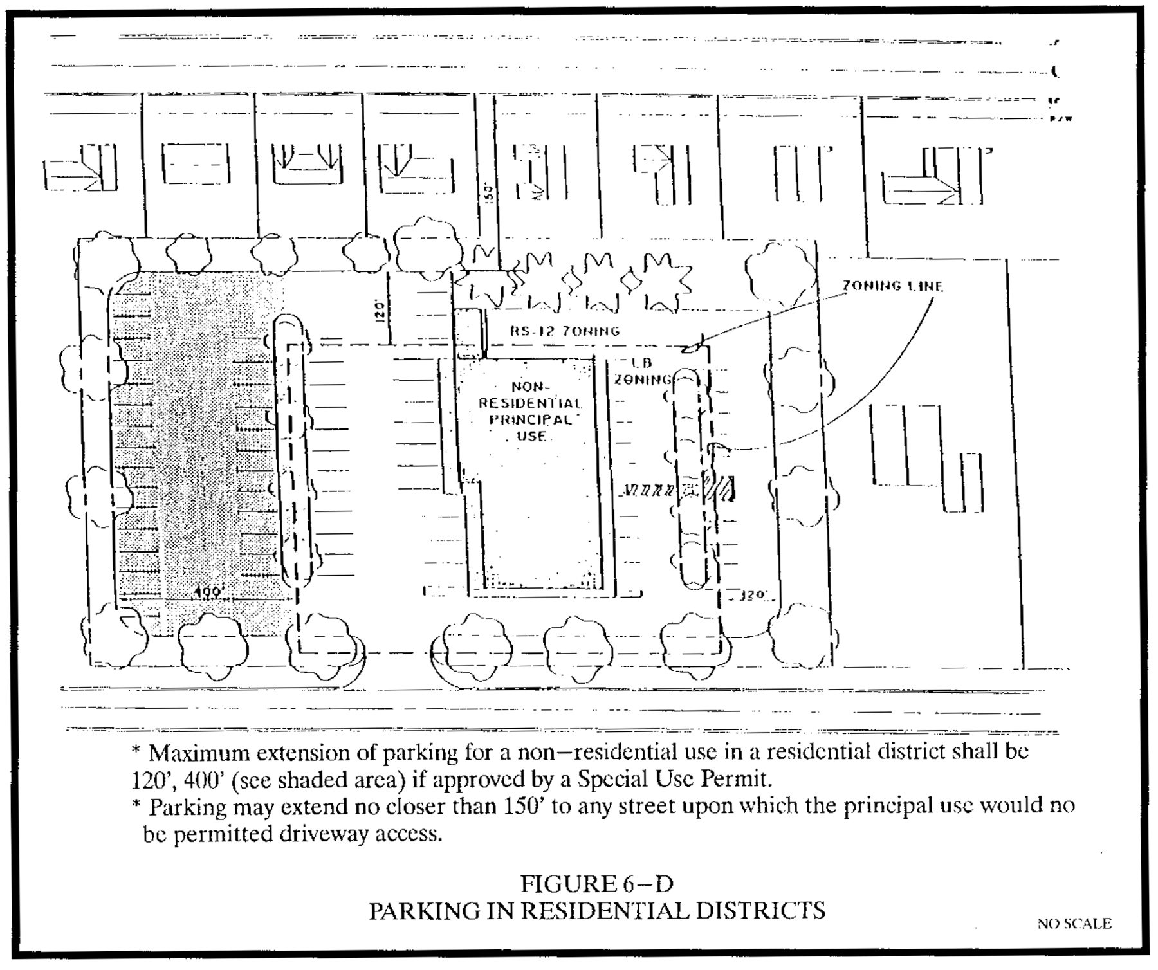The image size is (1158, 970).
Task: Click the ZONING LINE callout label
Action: click(x=892, y=286)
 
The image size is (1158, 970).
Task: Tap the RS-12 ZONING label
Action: click(x=565, y=331)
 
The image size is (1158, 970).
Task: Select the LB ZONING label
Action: click(x=642, y=372)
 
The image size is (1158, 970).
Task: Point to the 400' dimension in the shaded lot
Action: click(x=207, y=592)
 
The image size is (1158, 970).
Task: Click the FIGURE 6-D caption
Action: click(x=596, y=884)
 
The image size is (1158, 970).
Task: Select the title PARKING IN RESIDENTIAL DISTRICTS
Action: click(x=596, y=911)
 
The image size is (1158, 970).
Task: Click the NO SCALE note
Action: click(x=1074, y=924)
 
